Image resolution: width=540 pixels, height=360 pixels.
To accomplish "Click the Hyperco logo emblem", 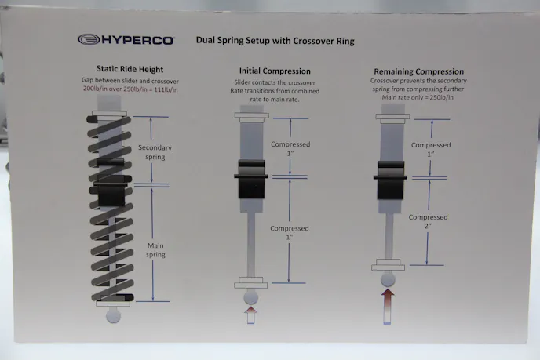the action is click(x=89, y=39).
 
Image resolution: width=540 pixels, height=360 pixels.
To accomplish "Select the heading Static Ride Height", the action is click(x=130, y=69).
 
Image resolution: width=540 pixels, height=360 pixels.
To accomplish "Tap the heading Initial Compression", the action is click(x=275, y=71).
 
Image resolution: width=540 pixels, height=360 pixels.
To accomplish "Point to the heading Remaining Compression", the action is click(x=419, y=71).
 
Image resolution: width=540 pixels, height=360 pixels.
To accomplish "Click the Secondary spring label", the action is click(x=155, y=152).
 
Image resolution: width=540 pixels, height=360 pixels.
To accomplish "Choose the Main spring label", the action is click(x=155, y=250).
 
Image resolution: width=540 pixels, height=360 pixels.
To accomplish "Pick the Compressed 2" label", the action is click(x=428, y=222).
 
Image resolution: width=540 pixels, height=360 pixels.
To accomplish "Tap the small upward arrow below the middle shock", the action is click(x=251, y=315).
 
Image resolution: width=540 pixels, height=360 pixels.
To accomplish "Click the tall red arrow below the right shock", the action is click(x=388, y=307).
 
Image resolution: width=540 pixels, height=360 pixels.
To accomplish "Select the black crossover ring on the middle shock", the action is click(x=251, y=179).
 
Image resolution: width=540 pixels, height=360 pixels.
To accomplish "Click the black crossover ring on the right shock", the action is click(x=391, y=180).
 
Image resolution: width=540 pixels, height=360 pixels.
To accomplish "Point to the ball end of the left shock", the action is click(x=113, y=315).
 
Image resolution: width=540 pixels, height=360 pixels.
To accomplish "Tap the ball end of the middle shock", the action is click(x=250, y=297).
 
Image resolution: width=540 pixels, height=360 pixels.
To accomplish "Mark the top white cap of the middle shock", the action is click(x=252, y=115).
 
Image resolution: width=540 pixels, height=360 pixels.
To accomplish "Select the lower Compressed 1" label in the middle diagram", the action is click(x=290, y=233).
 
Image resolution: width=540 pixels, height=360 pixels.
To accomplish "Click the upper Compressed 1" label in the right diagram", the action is click(x=431, y=149).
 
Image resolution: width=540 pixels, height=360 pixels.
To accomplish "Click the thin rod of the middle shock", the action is click(x=251, y=245).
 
